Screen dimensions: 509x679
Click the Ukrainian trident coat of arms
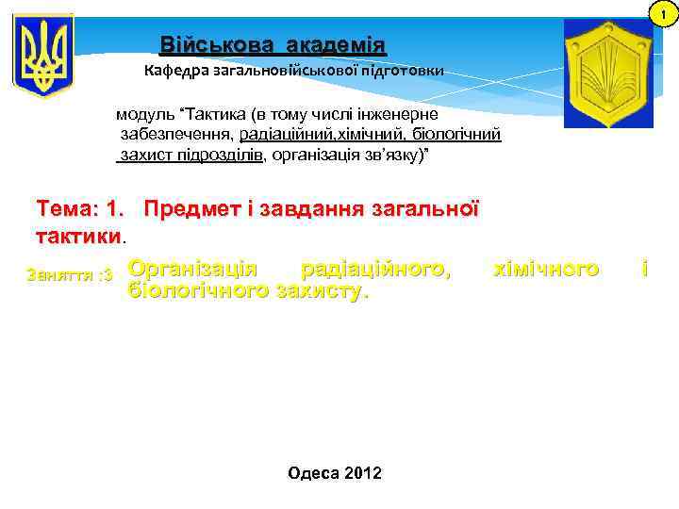(x=43, y=56)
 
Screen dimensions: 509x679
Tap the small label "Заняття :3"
(x=71, y=275)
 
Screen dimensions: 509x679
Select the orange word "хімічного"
(x=546, y=271)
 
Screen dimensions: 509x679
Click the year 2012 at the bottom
(x=363, y=472)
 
